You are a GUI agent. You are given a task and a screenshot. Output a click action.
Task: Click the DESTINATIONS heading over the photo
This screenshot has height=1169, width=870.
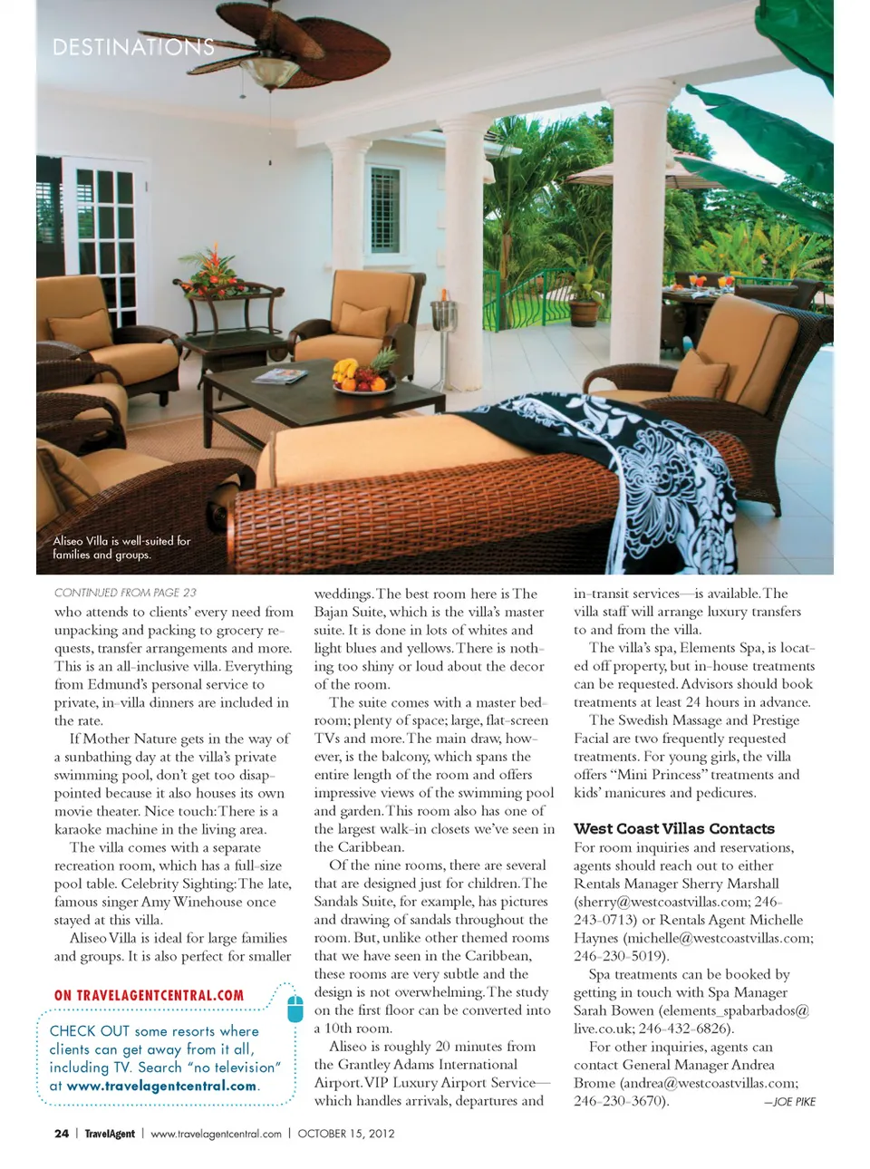tap(133, 47)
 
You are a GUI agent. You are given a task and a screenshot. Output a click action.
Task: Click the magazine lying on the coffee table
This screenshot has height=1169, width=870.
tap(281, 375)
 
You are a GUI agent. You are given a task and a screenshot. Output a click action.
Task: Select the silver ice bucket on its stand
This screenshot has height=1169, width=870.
tap(443, 314)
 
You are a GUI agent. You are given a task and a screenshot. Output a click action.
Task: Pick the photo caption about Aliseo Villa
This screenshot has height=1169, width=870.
tap(121, 547)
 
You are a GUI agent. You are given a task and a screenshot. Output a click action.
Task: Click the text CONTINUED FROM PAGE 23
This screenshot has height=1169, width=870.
tap(125, 593)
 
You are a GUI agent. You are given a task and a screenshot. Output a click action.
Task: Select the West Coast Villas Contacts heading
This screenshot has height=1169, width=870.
tap(673, 828)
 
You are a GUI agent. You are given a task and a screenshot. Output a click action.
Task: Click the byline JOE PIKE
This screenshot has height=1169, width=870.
tap(790, 1102)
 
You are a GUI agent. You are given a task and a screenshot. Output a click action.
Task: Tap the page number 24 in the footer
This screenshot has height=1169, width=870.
tap(62, 1134)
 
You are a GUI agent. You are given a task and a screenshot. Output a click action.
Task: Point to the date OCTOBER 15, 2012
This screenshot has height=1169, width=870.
tap(346, 1134)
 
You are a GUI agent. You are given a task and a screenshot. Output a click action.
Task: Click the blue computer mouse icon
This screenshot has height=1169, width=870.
tap(295, 1008)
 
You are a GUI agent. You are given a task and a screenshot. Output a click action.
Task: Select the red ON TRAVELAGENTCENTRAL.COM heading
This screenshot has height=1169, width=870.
tap(149, 995)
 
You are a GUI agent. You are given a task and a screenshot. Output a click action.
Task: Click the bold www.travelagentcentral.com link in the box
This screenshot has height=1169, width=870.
tap(162, 1086)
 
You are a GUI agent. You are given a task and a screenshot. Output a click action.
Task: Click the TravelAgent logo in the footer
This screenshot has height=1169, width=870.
tap(110, 1134)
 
